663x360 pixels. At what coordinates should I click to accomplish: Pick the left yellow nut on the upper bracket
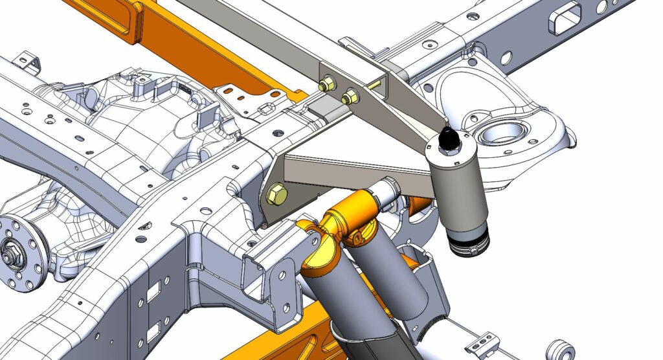click(x=327, y=84)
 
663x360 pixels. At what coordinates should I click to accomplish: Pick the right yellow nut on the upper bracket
click(x=350, y=97)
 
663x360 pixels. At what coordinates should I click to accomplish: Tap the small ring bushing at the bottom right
click(x=561, y=349)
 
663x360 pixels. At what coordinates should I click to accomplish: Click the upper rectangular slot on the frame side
click(x=154, y=293)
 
